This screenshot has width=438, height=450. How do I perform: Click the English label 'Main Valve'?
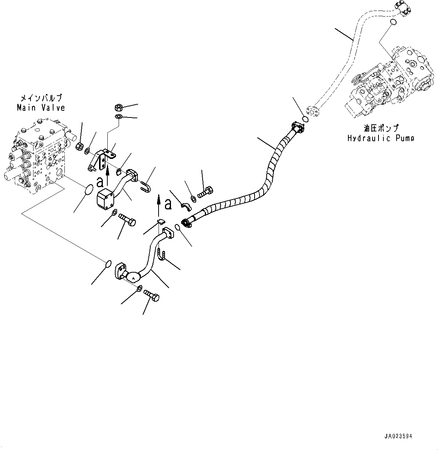[x=41, y=108]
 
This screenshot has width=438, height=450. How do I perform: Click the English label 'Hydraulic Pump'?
[x=380, y=138]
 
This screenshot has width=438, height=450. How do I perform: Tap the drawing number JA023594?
[x=398, y=436]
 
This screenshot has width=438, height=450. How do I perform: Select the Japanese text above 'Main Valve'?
[x=41, y=99]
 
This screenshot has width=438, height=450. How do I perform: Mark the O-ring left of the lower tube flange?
[x=108, y=263]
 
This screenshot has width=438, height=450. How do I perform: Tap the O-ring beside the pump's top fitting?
[x=393, y=22]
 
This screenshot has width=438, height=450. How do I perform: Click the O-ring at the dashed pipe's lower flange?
[x=305, y=119]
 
